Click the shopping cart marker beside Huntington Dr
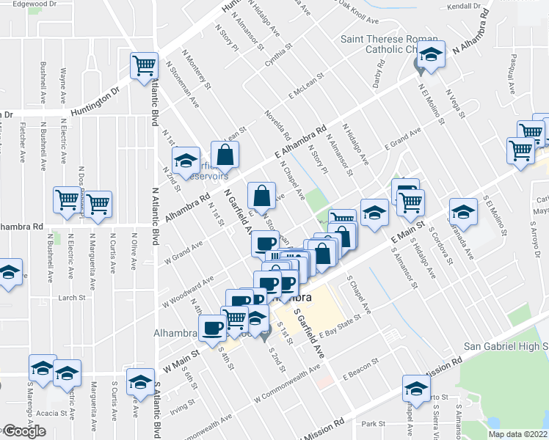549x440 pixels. tap(145, 65)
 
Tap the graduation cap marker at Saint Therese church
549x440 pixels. tap(432, 56)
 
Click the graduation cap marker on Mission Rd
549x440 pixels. tap(415, 389)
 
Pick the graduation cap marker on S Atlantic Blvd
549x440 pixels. tap(140, 381)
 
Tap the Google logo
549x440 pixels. tap(23, 431)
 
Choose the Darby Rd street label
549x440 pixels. tap(378, 76)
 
